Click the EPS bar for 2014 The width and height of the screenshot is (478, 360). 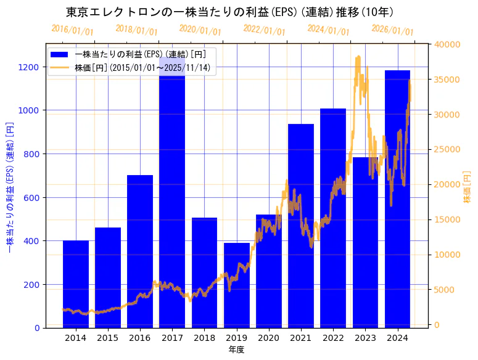[x=76, y=284]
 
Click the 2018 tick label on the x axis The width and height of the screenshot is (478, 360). [x=204, y=338]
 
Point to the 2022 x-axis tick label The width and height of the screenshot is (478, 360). [x=333, y=338]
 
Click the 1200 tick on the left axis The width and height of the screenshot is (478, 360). [x=31, y=67]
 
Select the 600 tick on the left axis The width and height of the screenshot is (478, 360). [x=33, y=197]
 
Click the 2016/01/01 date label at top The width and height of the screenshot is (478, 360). [x=73, y=30]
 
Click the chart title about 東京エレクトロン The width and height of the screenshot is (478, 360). [x=229, y=12]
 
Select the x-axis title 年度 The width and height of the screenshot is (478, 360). [x=237, y=350]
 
